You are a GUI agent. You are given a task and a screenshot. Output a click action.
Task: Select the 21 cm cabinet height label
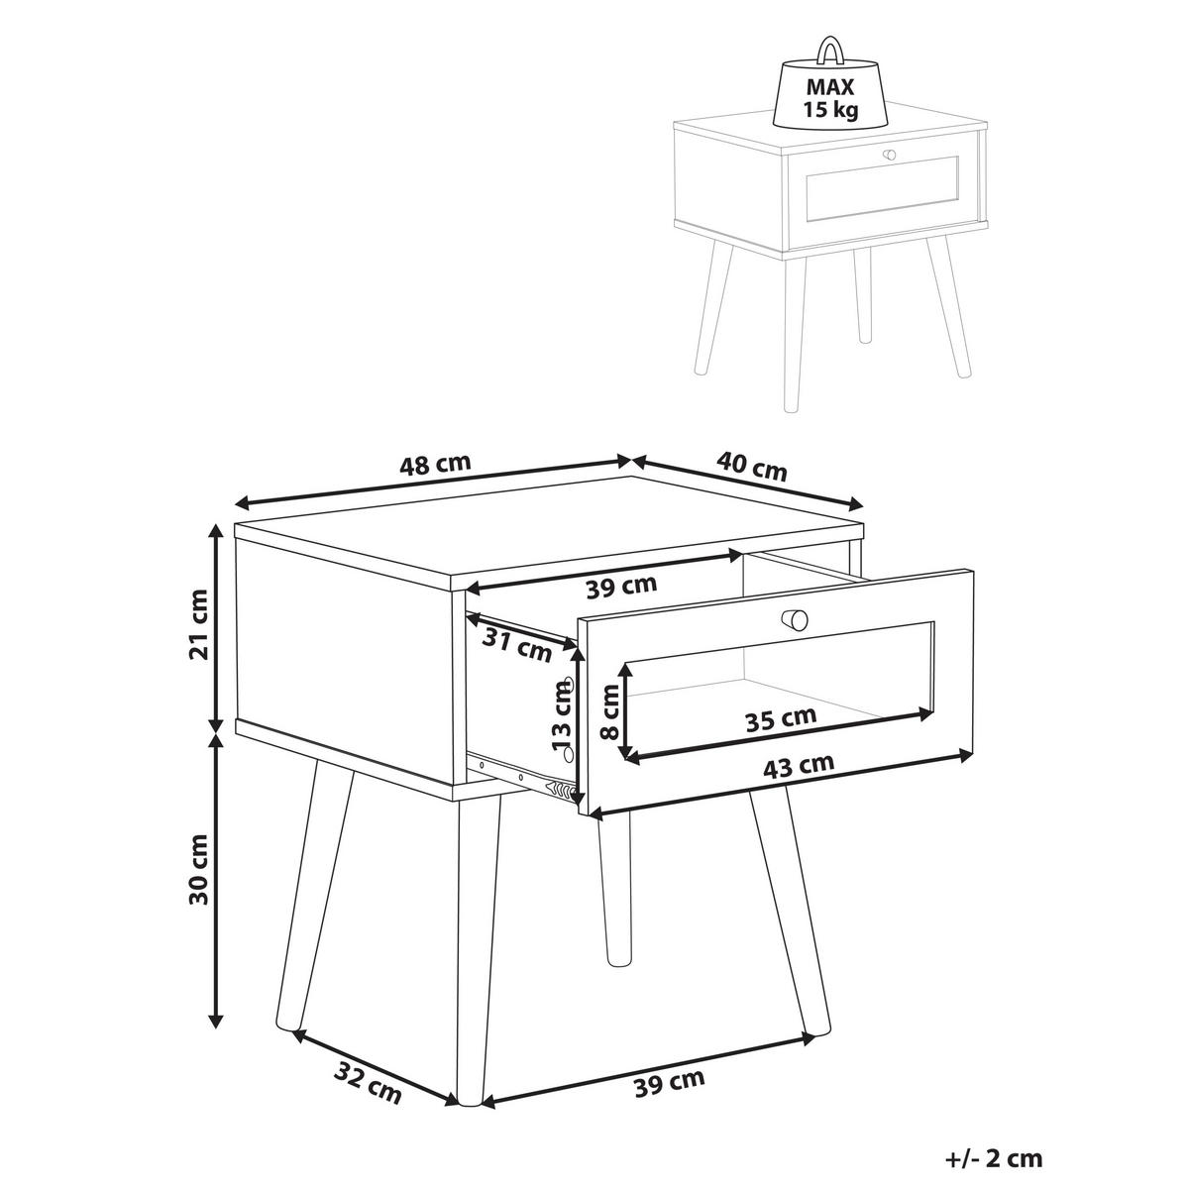[x=198, y=624]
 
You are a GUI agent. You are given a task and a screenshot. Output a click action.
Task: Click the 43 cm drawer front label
[x=801, y=764]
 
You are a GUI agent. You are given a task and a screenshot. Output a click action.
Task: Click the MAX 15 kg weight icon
[x=829, y=92]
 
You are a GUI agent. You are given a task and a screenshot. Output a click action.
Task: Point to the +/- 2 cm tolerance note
[x=993, y=1158]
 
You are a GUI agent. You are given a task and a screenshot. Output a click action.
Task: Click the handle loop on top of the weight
[x=829, y=47]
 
